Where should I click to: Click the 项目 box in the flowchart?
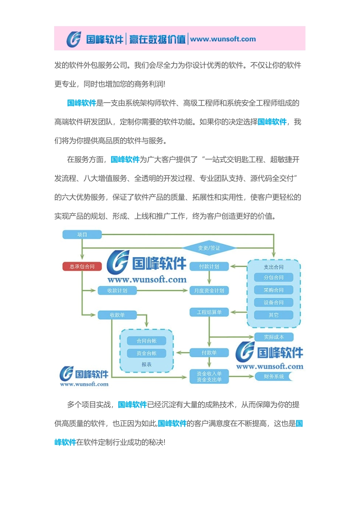click(x=82, y=235)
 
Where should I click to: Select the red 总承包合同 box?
click(x=82, y=267)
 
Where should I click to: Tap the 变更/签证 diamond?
click(x=209, y=248)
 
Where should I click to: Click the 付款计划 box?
click(x=209, y=267)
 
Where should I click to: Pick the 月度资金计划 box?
click(x=209, y=291)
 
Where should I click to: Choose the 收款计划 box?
click(x=117, y=291)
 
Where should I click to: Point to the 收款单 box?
click(x=117, y=315)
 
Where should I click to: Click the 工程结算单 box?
click(x=209, y=312)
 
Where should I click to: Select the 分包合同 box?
click(x=274, y=278)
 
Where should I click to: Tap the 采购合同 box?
click(x=274, y=290)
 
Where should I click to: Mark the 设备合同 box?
click(x=274, y=303)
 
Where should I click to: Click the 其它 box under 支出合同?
click(x=274, y=315)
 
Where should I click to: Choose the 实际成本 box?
click(x=274, y=337)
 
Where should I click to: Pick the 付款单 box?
click(x=209, y=353)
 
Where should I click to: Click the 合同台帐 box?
click(x=147, y=341)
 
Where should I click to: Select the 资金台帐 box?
click(x=147, y=353)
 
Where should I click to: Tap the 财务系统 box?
click(x=274, y=376)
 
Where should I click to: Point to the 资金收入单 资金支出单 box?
click(x=209, y=377)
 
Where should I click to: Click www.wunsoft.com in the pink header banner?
click(x=223, y=39)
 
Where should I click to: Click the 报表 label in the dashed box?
click(x=147, y=365)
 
